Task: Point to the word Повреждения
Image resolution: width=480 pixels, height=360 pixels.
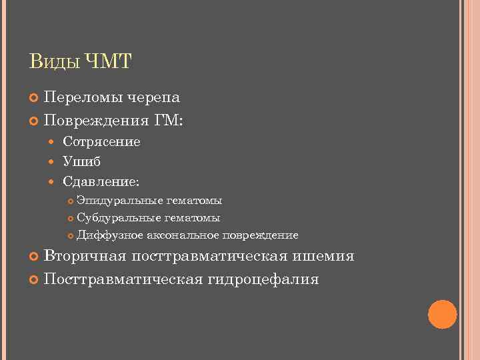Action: click(96, 121)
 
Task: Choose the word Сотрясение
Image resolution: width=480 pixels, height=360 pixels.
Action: click(101, 142)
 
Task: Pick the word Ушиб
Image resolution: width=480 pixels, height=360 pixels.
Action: click(81, 161)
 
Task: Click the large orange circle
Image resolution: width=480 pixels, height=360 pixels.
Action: click(442, 314)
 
